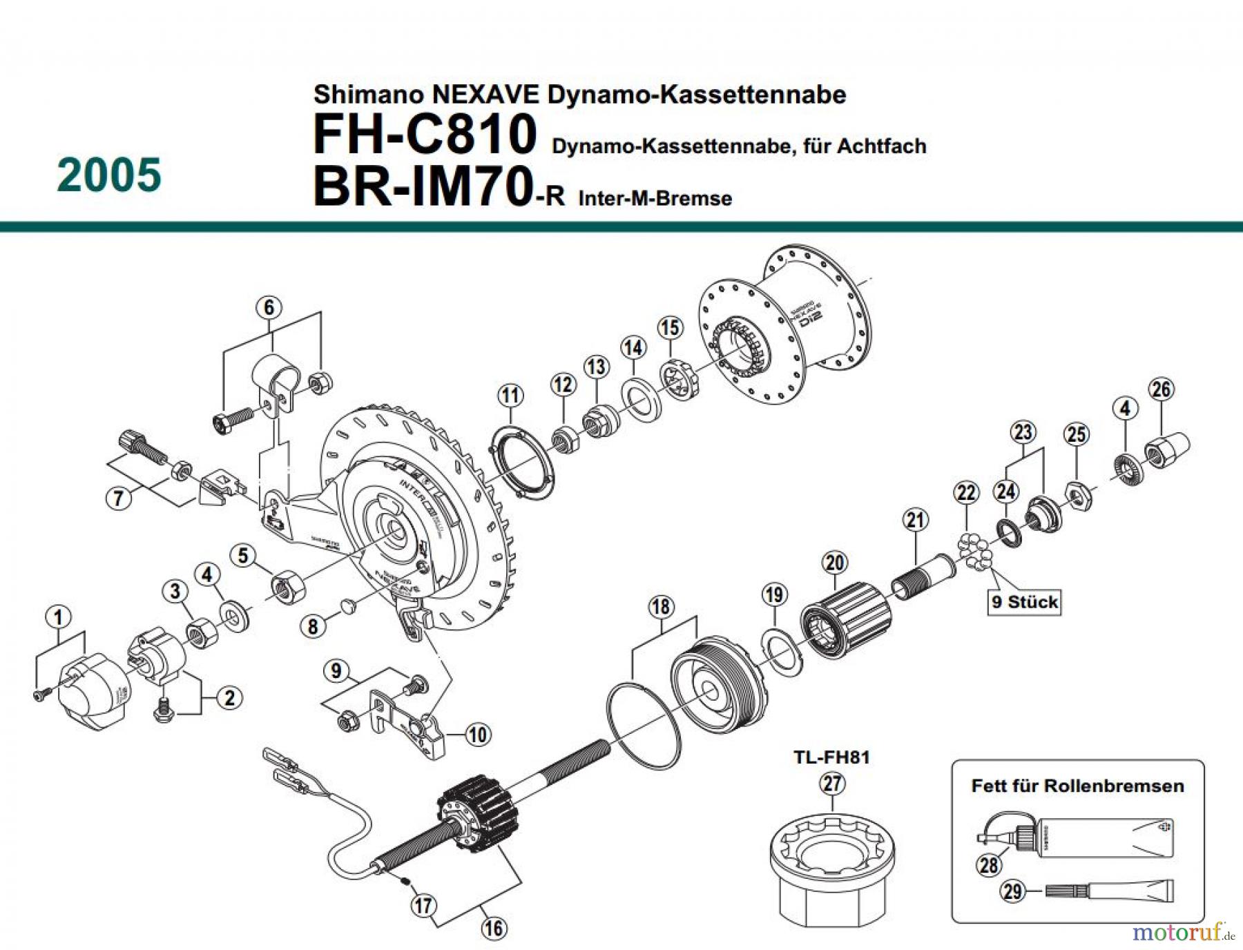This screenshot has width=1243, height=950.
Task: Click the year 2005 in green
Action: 109,175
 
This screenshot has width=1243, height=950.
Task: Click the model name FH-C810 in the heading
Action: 424,134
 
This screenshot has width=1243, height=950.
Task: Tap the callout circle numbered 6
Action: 269,307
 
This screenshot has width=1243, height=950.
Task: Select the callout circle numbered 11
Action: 510,396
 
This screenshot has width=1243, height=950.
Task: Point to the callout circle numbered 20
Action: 834,563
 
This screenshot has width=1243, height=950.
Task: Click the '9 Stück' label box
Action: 1025,602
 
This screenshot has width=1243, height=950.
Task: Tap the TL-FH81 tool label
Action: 831,757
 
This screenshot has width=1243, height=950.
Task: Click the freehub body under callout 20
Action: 846,619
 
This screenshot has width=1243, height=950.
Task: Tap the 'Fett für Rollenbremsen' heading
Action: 1077,786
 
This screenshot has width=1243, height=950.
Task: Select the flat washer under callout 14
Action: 642,400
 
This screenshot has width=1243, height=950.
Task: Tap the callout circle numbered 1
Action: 58,617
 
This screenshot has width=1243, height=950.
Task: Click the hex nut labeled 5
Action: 288,588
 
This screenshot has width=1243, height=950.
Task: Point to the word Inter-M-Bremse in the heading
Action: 655,199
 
